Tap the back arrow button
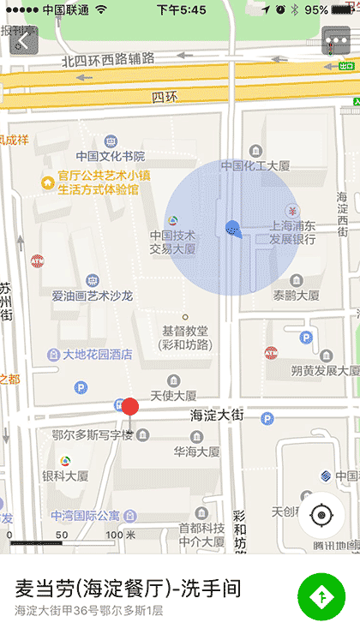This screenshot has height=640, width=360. (x=23, y=39)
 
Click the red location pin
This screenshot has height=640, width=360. (x=130, y=407)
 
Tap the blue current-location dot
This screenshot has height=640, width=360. (x=231, y=228)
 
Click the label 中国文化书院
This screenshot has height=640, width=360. (x=111, y=157)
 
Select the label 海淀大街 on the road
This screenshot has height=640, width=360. (x=217, y=416)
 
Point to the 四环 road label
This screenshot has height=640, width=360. (x=162, y=97)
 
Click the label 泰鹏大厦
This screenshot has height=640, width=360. (x=296, y=295)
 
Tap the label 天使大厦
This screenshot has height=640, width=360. (x=174, y=396)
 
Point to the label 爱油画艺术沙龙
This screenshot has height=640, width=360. (x=92, y=296)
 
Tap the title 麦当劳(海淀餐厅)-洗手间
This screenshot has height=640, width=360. (x=129, y=589)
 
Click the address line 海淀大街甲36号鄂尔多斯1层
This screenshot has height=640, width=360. (x=88, y=611)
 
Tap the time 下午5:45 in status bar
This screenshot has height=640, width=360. (x=181, y=9)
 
